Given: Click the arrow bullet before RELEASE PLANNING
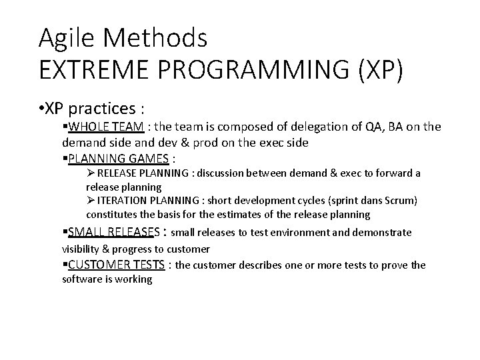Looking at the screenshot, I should (91, 173).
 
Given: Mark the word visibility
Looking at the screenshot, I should (81, 249).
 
